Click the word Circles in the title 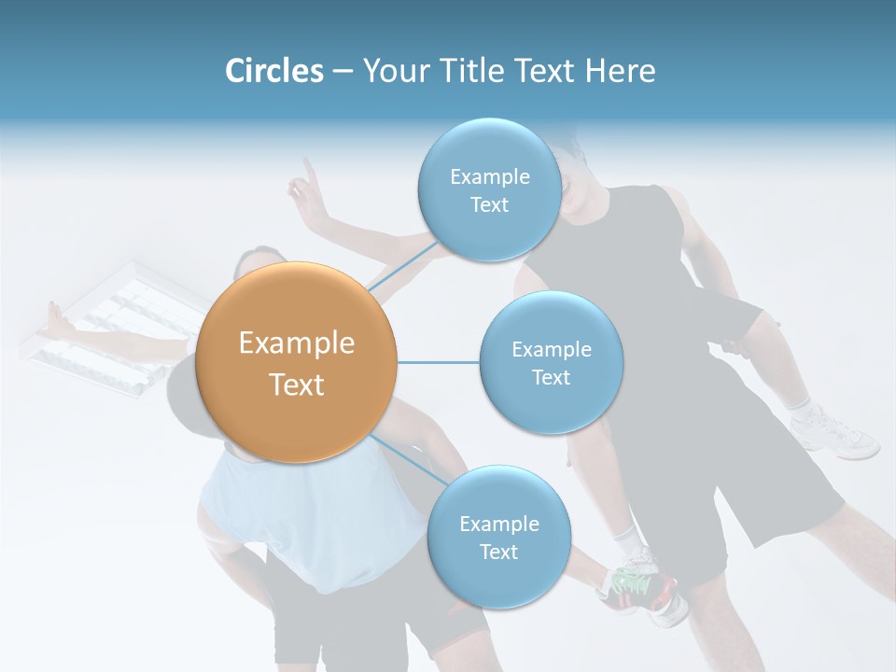(x=273, y=71)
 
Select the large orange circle (x=296, y=362)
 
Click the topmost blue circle (x=489, y=189)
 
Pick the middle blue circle (x=551, y=362)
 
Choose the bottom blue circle (x=498, y=537)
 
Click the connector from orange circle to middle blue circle (x=438, y=362)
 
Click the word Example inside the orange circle (x=296, y=343)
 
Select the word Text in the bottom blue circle (x=498, y=552)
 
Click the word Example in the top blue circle (x=489, y=176)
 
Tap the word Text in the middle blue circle (x=551, y=377)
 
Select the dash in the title (x=342, y=72)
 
